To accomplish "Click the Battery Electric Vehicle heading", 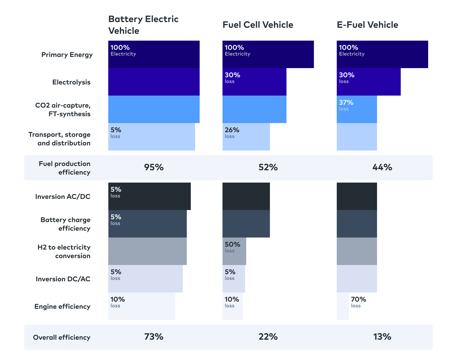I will click(143, 25).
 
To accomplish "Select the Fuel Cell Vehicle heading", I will click(258, 25).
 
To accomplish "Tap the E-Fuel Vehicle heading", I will click(367, 25).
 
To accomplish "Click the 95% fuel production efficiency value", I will click(154, 167).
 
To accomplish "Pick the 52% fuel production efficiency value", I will click(268, 167).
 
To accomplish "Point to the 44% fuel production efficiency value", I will click(382, 167).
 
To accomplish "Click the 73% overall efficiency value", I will click(154, 337).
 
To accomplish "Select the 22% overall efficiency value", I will click(268, 337).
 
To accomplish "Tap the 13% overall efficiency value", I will click(382, 337).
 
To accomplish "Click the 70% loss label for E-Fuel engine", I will click(358, 302).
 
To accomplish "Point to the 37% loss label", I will click(346, 105).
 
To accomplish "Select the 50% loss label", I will click(232, 247).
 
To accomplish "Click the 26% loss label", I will click(232, 132).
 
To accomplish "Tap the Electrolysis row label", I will click(71, 82).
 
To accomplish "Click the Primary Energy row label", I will click(67, 55).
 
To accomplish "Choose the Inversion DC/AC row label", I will click(63, 279).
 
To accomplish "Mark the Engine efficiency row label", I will click(62, 307).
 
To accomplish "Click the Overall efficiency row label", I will click(62, 338).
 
